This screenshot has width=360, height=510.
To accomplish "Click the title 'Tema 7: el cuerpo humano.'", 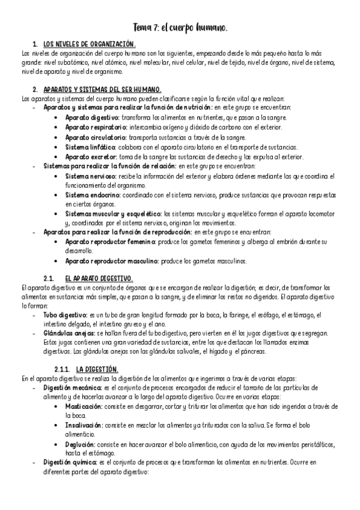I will click(x=180, y=28).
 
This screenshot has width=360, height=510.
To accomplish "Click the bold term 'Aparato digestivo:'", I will click(x=93, y=117).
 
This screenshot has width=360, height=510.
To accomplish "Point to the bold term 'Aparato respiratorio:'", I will click(x=96, y=127).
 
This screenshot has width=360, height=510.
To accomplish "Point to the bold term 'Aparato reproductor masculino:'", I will click(x=112, y=261).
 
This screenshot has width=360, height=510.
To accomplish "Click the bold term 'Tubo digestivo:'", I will click(x=64, y=315).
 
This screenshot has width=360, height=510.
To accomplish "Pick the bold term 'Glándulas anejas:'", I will click(x=68, y=333).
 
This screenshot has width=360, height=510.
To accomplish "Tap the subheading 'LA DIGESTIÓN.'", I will click(x=97, y=369).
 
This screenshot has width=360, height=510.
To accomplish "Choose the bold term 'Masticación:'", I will click(x=84, y=407).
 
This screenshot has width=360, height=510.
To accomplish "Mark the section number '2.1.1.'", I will click(x=62, y=369).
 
